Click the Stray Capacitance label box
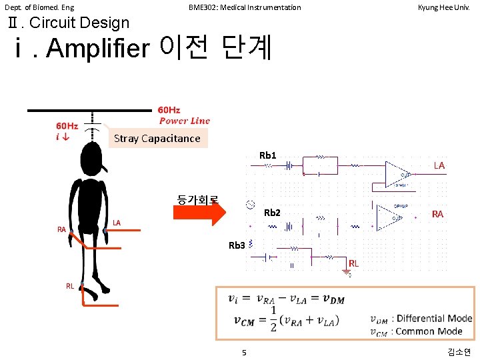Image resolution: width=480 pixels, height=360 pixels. pos(157,138)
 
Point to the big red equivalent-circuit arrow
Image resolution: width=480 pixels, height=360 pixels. pos(200,212)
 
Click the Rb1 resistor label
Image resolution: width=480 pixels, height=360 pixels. pos(267,156)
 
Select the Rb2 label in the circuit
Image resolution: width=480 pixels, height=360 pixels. pos(272,213)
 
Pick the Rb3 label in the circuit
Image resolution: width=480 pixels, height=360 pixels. pos(237,245)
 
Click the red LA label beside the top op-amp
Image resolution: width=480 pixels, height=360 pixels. pos(439,165)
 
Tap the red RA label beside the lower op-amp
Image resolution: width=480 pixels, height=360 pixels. pos(437,214)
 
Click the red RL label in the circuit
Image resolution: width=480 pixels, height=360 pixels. pos(353,263)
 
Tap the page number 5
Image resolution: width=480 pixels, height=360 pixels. pos(244,353)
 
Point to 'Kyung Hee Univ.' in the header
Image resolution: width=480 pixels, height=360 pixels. pos(444,7)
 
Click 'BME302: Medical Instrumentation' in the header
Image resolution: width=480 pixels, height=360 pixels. pos(245,7)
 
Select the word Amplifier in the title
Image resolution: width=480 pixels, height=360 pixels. pos(98,49)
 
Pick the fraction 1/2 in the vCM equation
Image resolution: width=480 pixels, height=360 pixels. pos(273,321)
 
